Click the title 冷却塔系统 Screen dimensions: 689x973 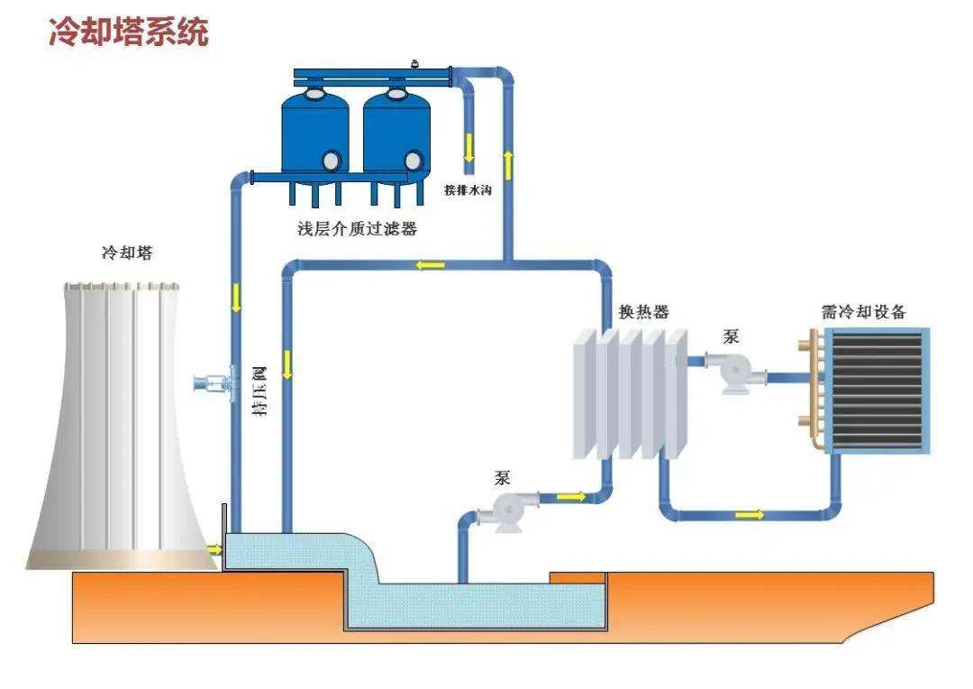128,32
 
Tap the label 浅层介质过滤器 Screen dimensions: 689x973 358,229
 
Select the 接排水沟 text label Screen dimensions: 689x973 468,190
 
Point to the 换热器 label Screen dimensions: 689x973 643,312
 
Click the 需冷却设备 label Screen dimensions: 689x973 863,312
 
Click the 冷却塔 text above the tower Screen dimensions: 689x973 127,253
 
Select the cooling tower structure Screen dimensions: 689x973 122,424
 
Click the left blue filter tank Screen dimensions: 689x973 314,135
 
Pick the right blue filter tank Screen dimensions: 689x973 396,135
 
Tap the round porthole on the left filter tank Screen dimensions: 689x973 332,161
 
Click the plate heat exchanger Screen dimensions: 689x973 631,392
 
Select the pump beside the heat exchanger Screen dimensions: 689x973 732,370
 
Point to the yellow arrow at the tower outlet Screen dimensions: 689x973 214,548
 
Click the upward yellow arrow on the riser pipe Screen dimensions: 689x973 508,165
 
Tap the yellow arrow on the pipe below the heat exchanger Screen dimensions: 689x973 749,515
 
